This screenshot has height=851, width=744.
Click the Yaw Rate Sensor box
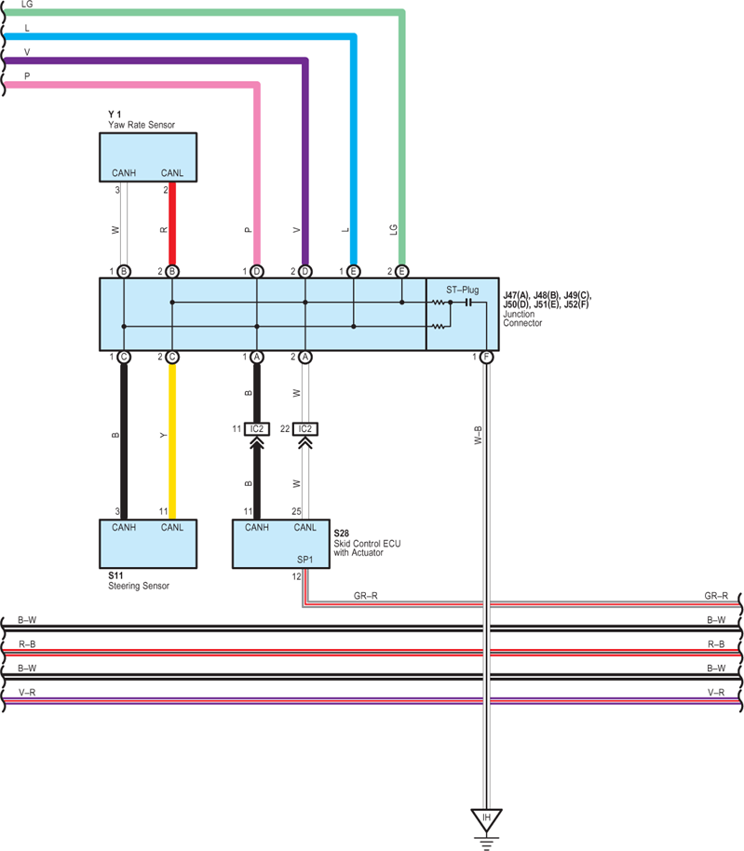[x=148, y=157]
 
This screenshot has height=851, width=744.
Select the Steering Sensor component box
[x=148, y=544]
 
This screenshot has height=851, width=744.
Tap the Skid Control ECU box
[x=281, y=544]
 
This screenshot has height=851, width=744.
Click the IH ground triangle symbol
[x=486, y=819]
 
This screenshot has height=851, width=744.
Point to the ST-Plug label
[x=463, y=290]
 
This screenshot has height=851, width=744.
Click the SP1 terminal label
[x=305, y=560]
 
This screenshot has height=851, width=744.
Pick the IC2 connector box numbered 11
[x=257, y=429]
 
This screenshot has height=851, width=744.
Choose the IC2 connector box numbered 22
[x=305, y=429]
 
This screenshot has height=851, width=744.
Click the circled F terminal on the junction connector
[x=486, y=358]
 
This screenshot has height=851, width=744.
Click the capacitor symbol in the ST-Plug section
[x=469, y=303]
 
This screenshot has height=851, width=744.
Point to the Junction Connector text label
[x=522, y=318]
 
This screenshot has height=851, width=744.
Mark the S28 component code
[x=342, y=534]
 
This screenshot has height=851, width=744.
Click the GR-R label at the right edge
[x=716, y=596]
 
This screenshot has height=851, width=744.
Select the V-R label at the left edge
[x=27, y=693]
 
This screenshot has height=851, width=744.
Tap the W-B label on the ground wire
[x=478, y=435]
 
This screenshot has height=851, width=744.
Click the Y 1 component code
[x=115, y=115]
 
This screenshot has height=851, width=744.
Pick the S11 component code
[x=115, y=575]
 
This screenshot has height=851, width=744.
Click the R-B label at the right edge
[x=716, y=644]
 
